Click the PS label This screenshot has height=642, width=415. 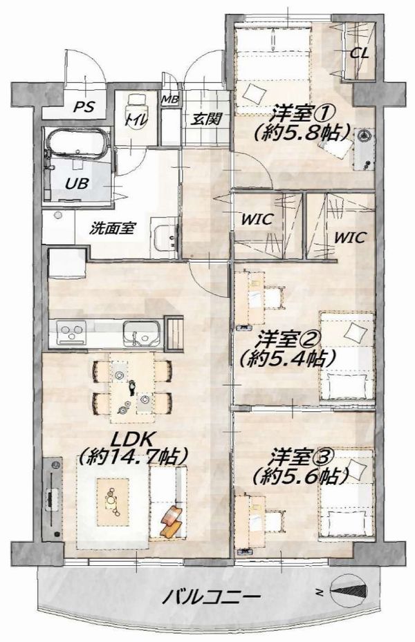(x=84, y=107)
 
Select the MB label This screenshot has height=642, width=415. (x=169, y=100)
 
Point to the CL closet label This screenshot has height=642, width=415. (x=360, y=53)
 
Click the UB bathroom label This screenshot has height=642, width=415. (x=77, y=183)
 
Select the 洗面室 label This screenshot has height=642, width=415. (x=112, y=228)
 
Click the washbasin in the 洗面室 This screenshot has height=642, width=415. (x=166, y=238)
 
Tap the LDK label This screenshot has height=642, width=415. (x=132, y=440)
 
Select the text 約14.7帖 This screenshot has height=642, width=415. (x=134, y=456)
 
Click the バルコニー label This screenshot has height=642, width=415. (x=212, y=597)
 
